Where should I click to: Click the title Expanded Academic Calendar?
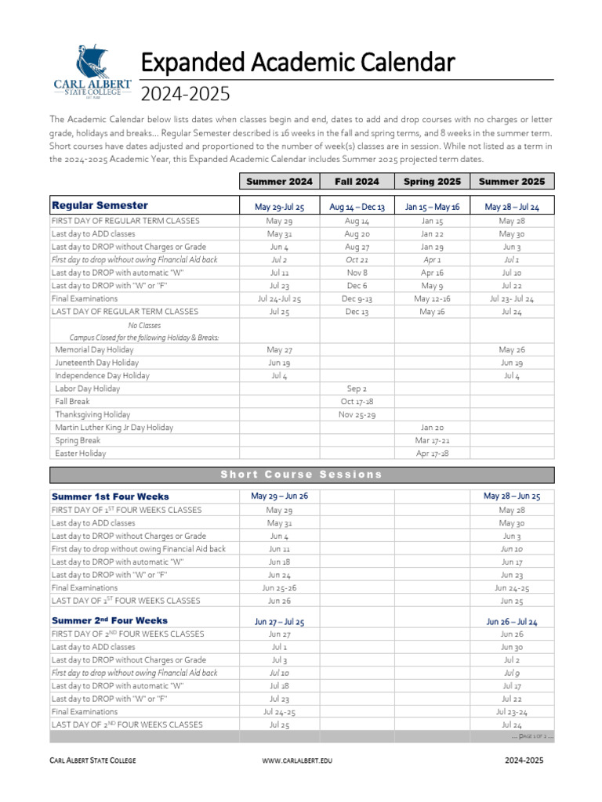coord(297,62)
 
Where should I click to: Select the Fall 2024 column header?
coord(357,182)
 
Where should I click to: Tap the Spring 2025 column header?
coord(432,182)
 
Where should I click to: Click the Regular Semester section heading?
coord(100,205)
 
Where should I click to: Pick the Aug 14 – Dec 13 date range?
coord(357,208)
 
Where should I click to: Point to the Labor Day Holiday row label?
coord(87,388)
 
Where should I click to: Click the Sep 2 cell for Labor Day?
coord(357,388)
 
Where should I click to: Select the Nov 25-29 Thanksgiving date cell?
coord(357,414)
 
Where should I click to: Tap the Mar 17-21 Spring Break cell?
coord(432,440)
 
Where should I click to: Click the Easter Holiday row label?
coord(80,453)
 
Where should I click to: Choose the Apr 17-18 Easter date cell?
coord(432,453)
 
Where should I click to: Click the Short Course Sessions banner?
coord(302,475)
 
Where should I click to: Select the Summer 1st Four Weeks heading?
coord(110,497)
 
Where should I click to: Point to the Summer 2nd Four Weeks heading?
coord(110,620)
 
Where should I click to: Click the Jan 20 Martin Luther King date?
coord(432,428)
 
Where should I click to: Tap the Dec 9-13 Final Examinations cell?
coord(357,298)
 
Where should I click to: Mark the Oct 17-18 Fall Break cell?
coord(357,401)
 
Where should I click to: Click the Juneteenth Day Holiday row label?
coord(96,363)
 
